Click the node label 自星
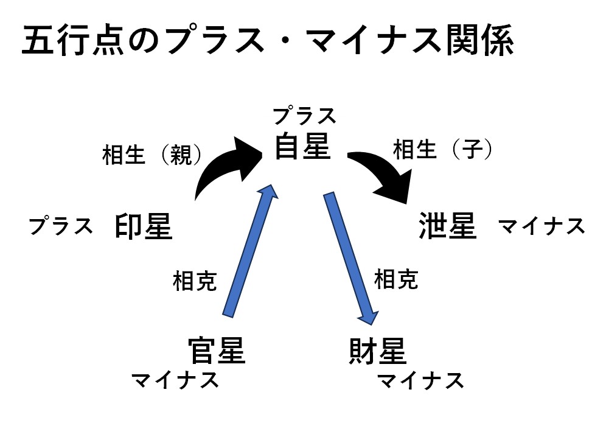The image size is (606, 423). click(x=302, y=147)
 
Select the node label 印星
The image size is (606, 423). click(x=144, y=227)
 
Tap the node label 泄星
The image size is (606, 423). click(x=447, y=226)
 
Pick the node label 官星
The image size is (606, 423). click(x=217, y=351)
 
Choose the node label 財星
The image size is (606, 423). click(x=378, y=351)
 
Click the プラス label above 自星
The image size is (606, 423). click(x=304, y=115)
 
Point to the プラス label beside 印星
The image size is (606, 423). click(x=61, y=226)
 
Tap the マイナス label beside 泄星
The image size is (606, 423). click(x=542, y=227)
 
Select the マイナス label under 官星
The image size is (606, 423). click(x=175, y=381)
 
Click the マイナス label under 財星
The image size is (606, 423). click(x=420, y=382)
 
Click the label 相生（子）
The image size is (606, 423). click(x=442, y=149)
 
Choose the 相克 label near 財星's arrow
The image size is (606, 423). click(x=396, y=279)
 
